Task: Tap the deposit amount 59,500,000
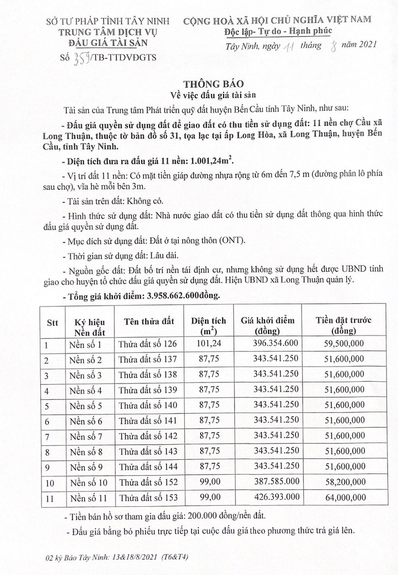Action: (343, 345)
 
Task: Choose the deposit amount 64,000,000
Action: (343, 498)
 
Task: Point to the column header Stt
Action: (52, 322)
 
